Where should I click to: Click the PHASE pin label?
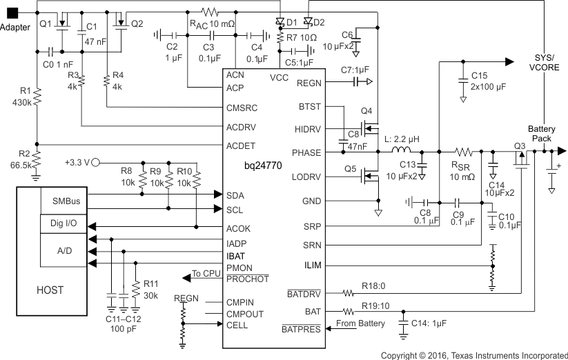306,152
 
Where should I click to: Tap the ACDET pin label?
242,146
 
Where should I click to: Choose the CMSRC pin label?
242,108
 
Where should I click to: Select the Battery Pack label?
541,134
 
